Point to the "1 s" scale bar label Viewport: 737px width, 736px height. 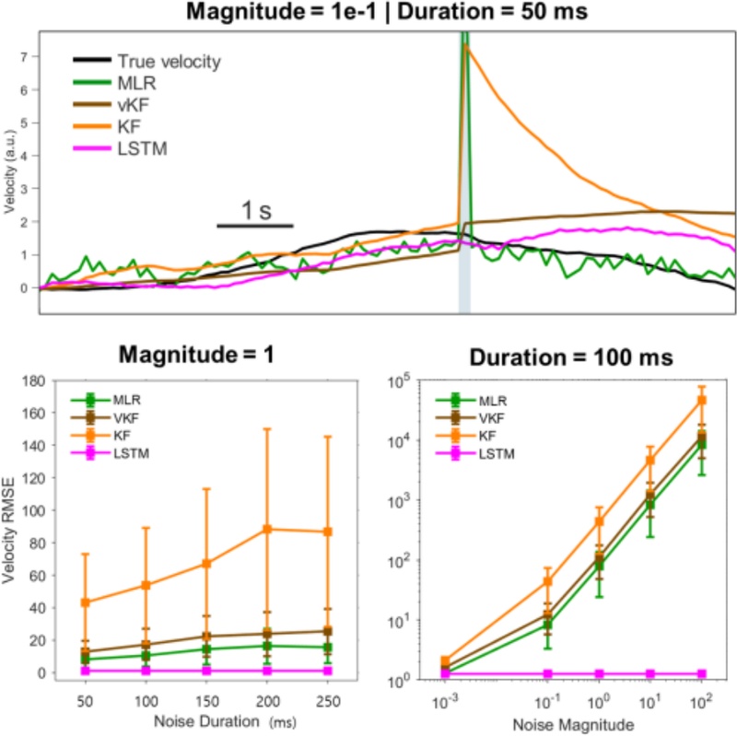(x=255, y=211)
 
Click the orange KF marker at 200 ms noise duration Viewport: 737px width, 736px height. (x=266, y=529)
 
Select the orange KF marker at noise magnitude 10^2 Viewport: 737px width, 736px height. (x=702, y=400)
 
